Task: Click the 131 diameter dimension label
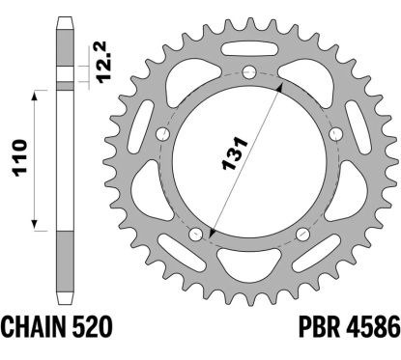pyautogui.click(x=235, y=153)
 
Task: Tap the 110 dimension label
pyautogui.click(x=19, y=158)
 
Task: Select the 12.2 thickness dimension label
pyautogui.click(x=103, y=63)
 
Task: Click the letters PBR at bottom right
pyautogui.click(x=319, y=326)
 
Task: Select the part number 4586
pyautogui.click(x=373, y=326)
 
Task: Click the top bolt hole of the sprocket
pyautogui.click(x=249, y=71)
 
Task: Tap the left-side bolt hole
pyautogui.click(x=163, y=134)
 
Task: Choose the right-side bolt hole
pyautogui.click(x=335, y=133)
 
